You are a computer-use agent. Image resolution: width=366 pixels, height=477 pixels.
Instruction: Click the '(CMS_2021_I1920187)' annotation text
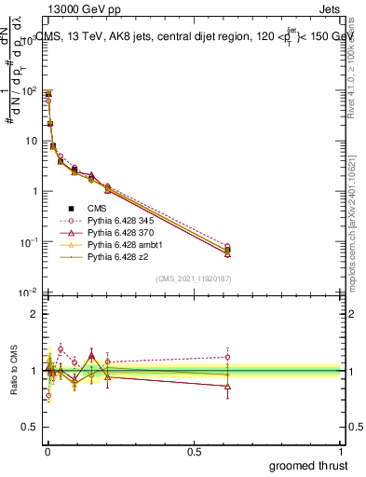pyautogui.click(x=193, y=278)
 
